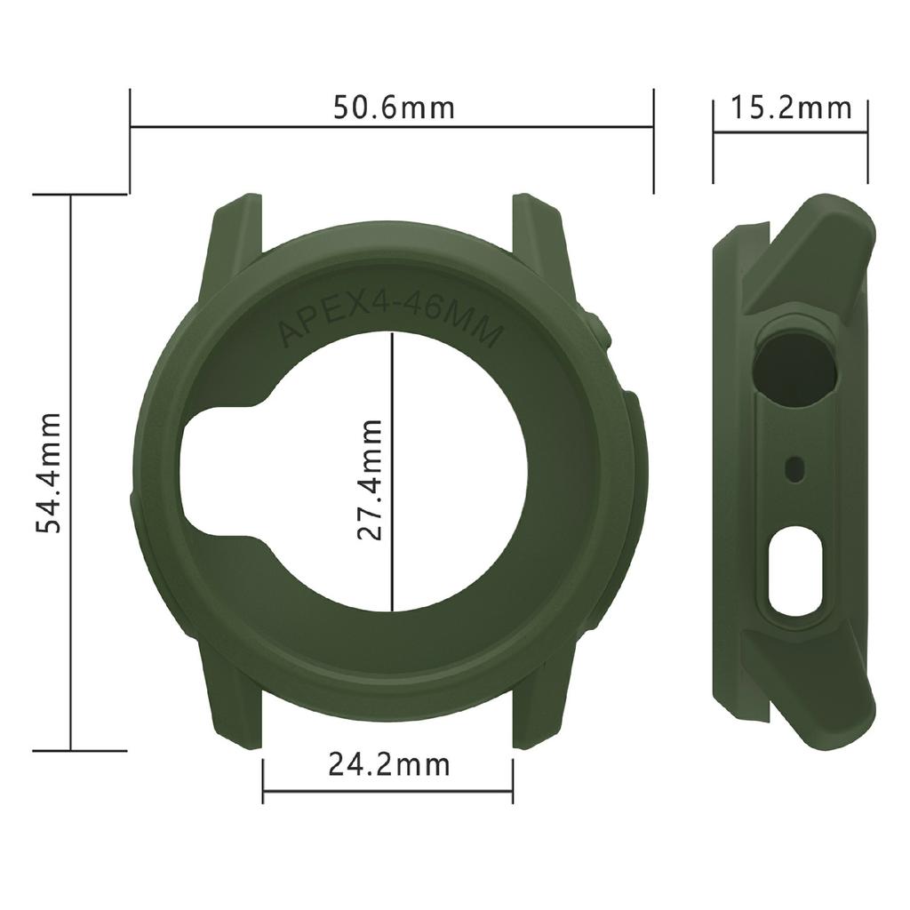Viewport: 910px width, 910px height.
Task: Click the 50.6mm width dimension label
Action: [393, 108]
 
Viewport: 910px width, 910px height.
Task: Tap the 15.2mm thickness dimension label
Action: [791, 108]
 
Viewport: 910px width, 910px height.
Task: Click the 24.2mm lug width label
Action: [388, 763]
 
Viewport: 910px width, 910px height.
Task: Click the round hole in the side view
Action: [796, 363]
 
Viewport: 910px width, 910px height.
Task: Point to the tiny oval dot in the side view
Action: [796, 465]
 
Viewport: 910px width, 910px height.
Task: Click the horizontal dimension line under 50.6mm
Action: [392, 128]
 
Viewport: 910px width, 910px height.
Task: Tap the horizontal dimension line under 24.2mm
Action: [388, 787]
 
